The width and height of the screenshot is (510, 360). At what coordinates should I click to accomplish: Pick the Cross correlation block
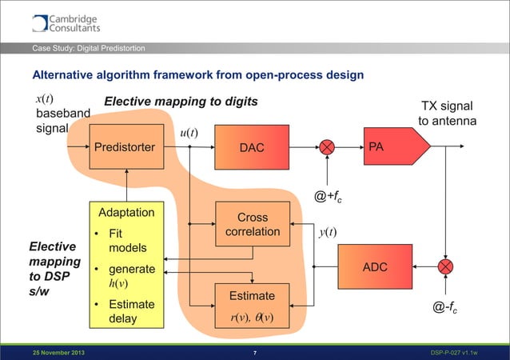[253, 225]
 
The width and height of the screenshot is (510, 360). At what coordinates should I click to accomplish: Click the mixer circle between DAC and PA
[327, 147]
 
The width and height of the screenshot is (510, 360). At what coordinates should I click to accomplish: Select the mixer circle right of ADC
[445, 266]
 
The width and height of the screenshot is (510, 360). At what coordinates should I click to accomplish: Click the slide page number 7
[254, 353]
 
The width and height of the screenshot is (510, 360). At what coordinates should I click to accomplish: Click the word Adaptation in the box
[126, 214]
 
